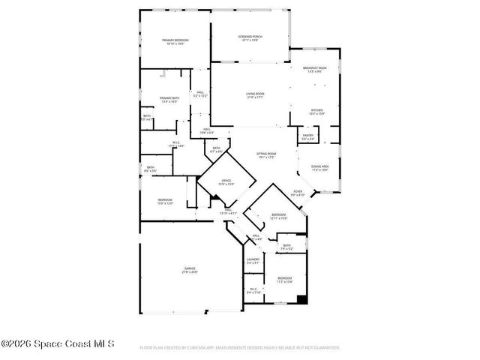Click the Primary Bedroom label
176,42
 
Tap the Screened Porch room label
250,38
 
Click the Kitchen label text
317,112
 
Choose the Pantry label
308,137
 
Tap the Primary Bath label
169,100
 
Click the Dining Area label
320,169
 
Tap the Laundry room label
252,261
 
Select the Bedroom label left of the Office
165,201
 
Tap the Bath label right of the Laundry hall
286,247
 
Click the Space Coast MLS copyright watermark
58,345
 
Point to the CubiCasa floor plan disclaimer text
239,348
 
